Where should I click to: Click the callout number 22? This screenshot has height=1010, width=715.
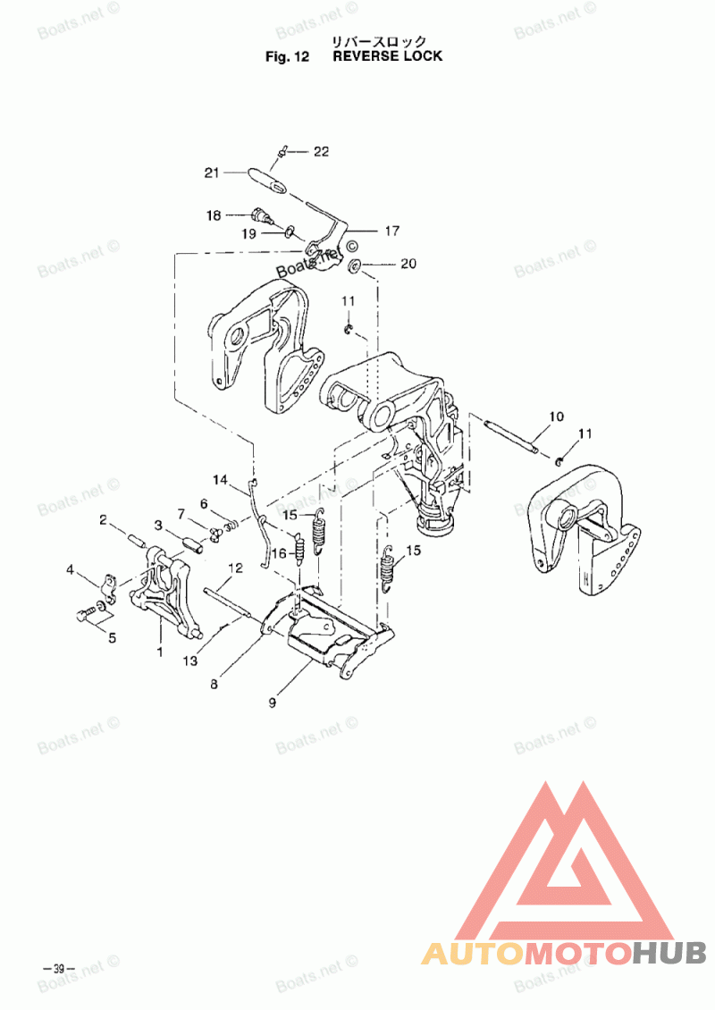click(321, 152)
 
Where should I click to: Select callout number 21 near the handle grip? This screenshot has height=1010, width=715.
click(211, 173)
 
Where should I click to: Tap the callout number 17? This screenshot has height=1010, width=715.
click(392, 231)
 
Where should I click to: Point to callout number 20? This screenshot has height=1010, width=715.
click(408, 264)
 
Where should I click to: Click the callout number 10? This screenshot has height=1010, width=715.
click(556, 417)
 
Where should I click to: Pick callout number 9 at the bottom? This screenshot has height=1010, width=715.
click(272, 703)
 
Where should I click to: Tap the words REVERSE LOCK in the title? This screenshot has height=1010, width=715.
click(387, 56)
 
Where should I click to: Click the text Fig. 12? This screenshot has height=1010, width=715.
click(287, 56)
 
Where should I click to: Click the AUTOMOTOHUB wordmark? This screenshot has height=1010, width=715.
click(564, 953)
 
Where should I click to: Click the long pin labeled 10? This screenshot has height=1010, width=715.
click(513, 435)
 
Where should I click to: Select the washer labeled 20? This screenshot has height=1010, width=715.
click(354, 265)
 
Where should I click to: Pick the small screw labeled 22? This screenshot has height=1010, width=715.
click(282, 153)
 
